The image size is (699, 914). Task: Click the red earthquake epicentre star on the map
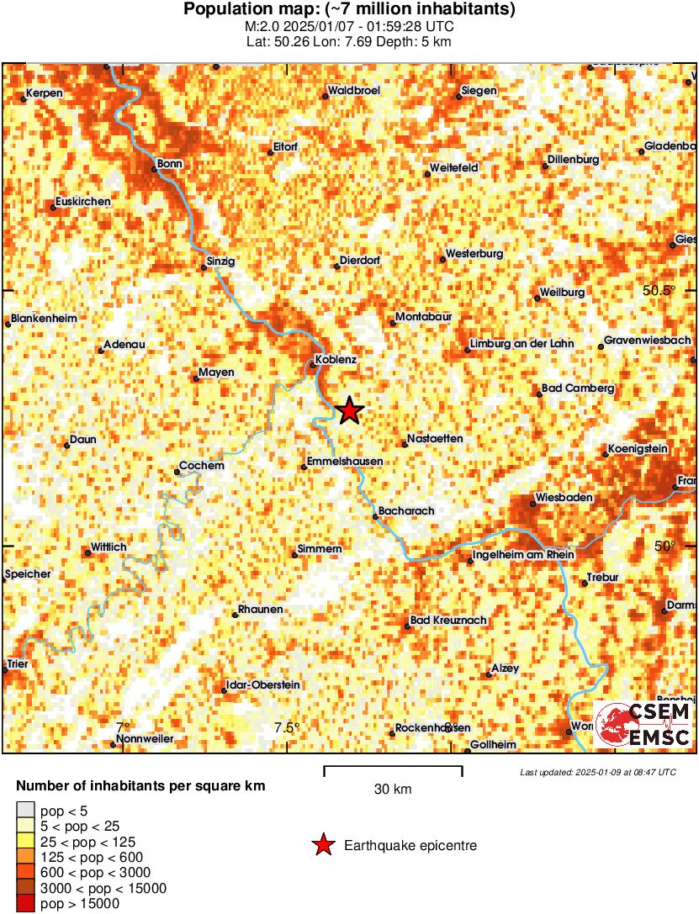coord(350,410)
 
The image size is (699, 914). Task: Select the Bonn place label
coord(170,163)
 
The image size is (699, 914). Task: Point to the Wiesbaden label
coord(564,498)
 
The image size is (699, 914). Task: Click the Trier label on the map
coord(18,663)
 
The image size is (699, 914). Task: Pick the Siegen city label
coord(479,91)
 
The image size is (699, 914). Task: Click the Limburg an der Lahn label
coord(521,344)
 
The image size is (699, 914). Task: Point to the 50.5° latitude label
coord(659,290)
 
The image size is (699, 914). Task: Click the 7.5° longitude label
coord(287,727)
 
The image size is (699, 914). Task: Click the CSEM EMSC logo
coord(643,725)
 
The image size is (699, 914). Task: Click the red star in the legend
coord(322,845)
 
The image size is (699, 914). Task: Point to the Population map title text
coord(349,9)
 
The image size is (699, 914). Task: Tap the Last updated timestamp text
coord(598,771)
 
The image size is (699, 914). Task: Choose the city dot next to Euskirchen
coord(53,207)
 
